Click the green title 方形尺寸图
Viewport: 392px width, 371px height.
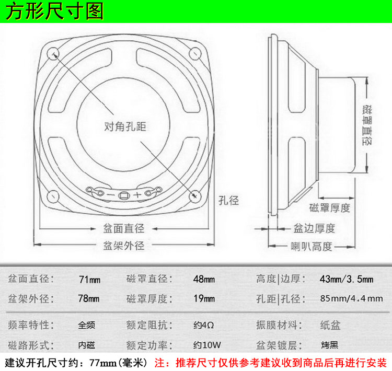[x=55, y=11]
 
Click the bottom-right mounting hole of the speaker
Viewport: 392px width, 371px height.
[x=195, y=195]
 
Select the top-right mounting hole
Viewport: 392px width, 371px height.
[x=195, y=53]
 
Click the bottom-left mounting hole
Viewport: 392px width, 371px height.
[x=53, y=195]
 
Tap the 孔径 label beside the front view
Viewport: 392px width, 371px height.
[x=228, y=200]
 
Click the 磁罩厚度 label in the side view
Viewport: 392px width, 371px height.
[x=330, y=207]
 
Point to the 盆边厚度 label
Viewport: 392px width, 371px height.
[x=314, y=228]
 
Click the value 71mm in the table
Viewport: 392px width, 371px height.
[x=89, y=279]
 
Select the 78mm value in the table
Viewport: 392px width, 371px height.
[x=89, y=299]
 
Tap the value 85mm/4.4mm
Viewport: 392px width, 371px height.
[x=347, y=299]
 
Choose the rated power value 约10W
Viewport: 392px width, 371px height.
[x=207, y=345]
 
